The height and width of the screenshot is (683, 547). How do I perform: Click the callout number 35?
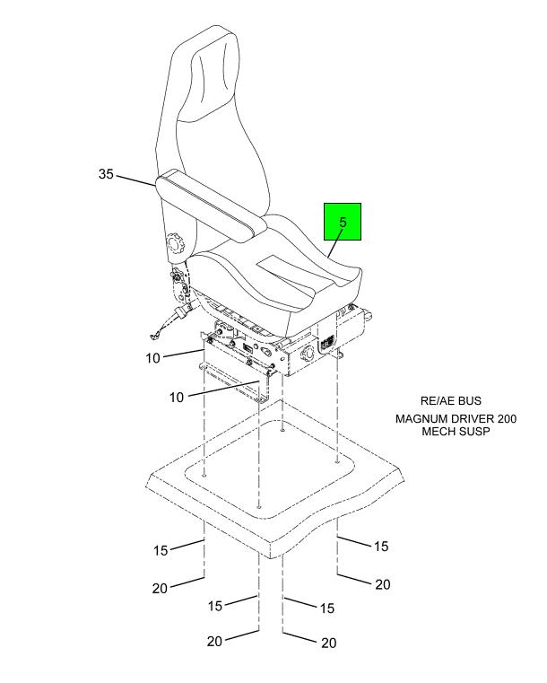[106, 175]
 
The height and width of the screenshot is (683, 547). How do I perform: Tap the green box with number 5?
[343, 221]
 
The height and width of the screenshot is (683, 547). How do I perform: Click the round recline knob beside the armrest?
[175, 243]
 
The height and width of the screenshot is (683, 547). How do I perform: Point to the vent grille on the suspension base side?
[326, 344]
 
